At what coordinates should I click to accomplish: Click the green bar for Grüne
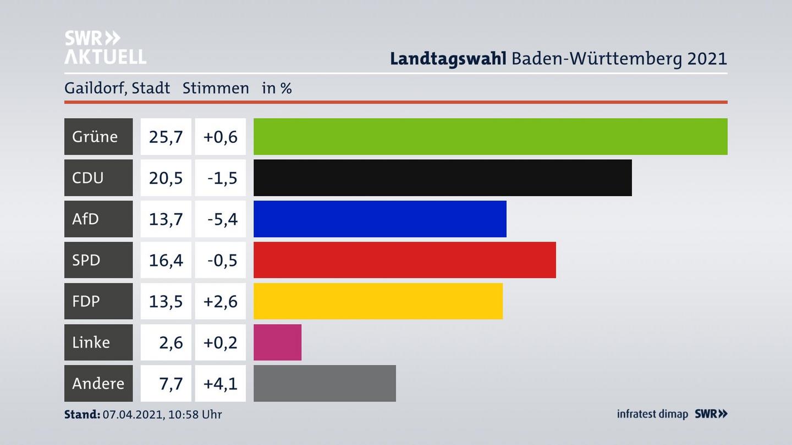pos(490,136)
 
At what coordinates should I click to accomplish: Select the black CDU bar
pos(442,177)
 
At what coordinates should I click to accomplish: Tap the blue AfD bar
pos(380,219)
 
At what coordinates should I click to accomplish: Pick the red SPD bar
pos(404,260)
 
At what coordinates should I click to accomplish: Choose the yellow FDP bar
pos(378,301)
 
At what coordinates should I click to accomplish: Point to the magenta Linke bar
pos(277,342)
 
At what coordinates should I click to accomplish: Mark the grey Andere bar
pos(324,383)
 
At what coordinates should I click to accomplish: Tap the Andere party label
pos(98,383)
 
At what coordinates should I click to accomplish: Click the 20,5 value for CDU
pos(166,177)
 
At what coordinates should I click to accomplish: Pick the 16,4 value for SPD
pos(166,260)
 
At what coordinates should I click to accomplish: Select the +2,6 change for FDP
pos(220,301)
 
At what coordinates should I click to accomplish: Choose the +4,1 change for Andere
pos(220,383)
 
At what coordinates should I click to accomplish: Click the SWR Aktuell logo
pos(105,47)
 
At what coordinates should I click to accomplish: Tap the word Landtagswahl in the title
pos(448,58)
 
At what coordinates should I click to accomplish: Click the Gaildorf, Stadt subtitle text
pos(117,88)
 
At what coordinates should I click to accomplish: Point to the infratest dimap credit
pos(652,414)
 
